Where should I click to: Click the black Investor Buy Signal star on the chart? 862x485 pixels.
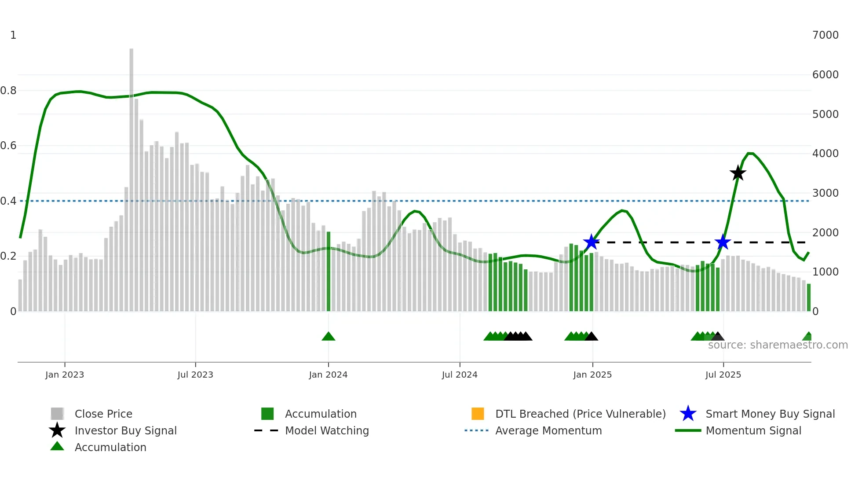738,173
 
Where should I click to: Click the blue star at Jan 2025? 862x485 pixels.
592,242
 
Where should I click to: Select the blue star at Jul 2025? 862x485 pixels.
723,242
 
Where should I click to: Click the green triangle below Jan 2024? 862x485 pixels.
329,337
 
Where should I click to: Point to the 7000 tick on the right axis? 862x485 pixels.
825,35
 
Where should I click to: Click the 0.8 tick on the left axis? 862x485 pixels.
8,91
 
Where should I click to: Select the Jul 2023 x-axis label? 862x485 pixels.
195,375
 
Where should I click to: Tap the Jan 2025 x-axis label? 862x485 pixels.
592,375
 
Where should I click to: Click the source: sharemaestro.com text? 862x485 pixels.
778,345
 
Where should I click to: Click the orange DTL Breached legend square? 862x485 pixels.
478,414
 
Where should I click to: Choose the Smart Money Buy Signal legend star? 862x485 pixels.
688,414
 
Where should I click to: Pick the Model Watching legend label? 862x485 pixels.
327,430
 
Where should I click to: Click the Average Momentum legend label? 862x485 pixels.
548,430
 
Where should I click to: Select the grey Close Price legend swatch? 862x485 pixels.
57,414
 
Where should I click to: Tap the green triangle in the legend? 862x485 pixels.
57,447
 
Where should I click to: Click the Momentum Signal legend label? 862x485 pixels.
753,430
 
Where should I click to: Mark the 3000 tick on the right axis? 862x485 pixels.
825,193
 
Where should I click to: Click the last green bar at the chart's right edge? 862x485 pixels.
809,298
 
